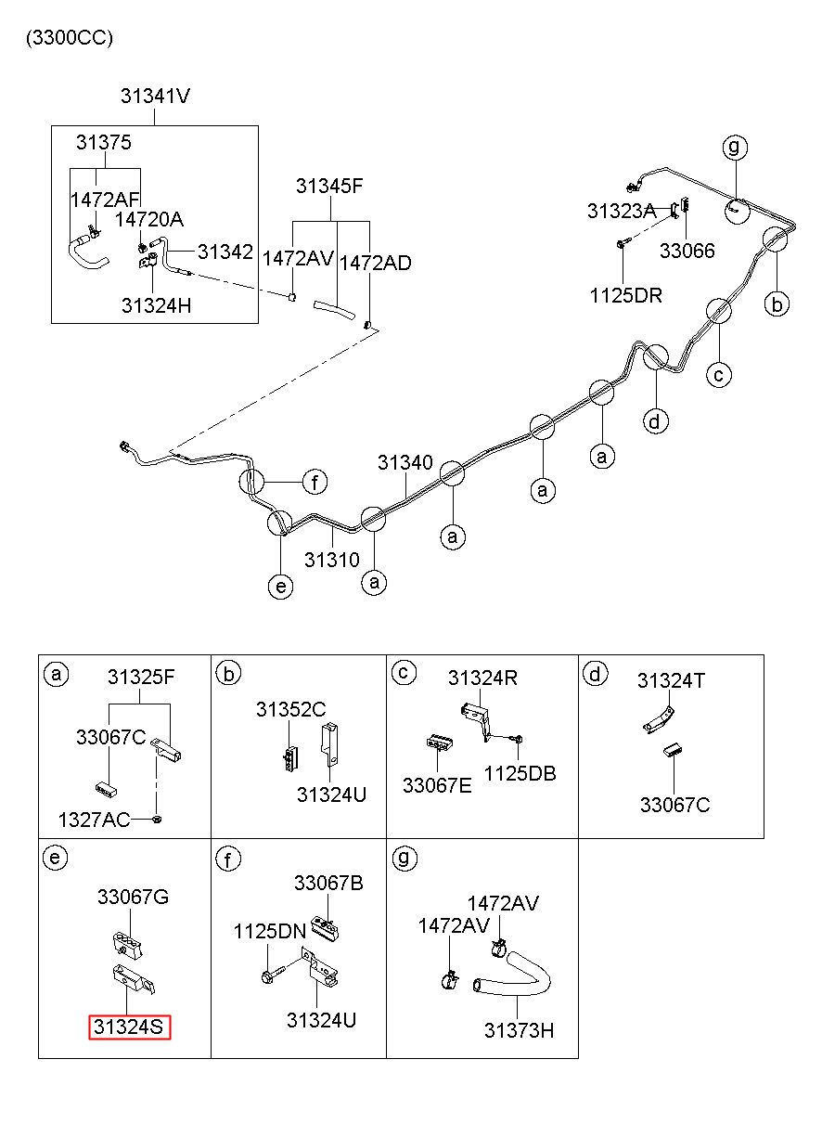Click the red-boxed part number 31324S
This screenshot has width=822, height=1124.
(129, 1027)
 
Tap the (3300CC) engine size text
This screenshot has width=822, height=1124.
(70, 38)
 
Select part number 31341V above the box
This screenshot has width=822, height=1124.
(156, 96)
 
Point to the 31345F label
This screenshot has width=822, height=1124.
(329, 187)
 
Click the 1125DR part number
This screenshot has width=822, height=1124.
(626, 295)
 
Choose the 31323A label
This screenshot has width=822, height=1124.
(622, 212)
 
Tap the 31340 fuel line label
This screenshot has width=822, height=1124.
(405, 462)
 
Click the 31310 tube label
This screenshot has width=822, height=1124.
(332, 560)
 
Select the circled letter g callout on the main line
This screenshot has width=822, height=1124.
(735, 147)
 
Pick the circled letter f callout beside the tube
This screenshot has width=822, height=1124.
(315, 483)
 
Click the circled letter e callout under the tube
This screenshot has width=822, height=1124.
(281, 586)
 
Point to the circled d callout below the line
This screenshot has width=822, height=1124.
(656, 421)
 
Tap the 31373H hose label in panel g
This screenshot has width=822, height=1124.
(519, 1030)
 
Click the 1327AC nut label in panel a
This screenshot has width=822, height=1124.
(95, 820)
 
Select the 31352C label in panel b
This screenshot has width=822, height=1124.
(291, 709)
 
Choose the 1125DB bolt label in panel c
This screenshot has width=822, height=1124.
(520, 773)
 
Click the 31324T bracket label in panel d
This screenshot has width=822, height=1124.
(671, 681)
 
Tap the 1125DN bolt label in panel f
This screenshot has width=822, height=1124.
(270, 932)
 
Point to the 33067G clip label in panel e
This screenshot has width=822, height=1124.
(133, 897)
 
